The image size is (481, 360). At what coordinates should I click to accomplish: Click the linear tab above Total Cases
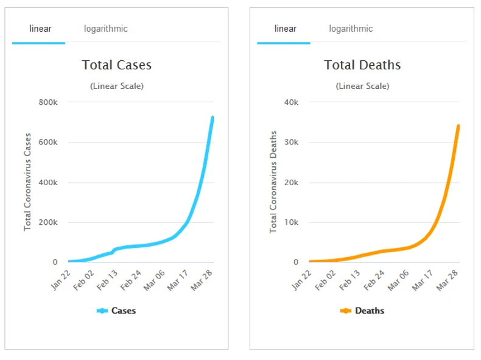40,29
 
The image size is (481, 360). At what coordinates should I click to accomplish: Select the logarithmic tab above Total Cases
106,29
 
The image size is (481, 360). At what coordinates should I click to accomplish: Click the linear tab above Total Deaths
286,29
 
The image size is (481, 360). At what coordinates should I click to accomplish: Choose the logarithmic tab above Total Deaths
351,29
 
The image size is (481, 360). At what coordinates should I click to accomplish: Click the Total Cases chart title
117,65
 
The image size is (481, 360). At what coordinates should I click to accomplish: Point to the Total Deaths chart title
362,65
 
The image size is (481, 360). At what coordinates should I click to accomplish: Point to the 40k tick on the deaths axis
292,102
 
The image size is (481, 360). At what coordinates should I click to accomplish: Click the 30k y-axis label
292,143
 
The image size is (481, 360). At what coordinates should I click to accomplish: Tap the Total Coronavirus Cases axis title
27,181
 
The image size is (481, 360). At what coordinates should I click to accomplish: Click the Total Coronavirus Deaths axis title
273,182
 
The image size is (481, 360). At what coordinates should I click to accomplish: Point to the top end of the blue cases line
212,117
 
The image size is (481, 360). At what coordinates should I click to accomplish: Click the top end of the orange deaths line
458,126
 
